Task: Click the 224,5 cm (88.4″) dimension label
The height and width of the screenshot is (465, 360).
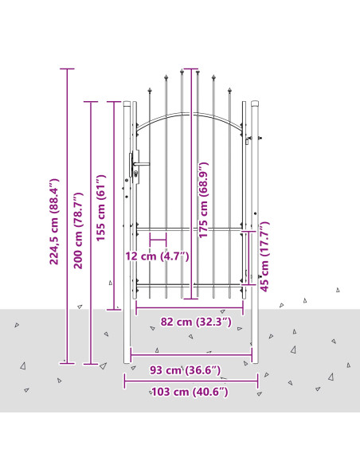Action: pyautogui.click(x=54, y=221)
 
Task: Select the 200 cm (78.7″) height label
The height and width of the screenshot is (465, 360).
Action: pyautogui.click(x=78, y=230)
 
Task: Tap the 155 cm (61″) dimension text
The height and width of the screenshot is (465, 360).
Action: pyautogui.click(x=101, y=208)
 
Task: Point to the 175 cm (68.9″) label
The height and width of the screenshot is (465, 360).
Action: pyautogui.click(x=203, y=200)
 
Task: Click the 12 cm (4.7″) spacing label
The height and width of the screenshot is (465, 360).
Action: pyautogui.click(x=157, y=256)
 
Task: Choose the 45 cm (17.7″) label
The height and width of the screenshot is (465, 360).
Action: pyautogui.click(x=264, y=256)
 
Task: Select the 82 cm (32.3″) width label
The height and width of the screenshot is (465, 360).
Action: pyautogui.click(x=196, y=322)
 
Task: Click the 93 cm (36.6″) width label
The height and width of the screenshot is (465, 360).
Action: pyautogui.click(x=185, y=370)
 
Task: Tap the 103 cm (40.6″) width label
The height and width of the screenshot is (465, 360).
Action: pyautogui.click(x=190, y=392)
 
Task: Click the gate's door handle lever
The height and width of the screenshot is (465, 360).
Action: pyautogui.click(x=142, y=164)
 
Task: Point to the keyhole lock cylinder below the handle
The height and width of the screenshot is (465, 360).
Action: pyautogui.click(x=136, y=174)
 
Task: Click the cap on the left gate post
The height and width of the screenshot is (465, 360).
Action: pyautogui.click(x=127, y=104)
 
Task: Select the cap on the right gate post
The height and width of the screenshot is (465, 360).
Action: pyautogui.click(x=255, y=104)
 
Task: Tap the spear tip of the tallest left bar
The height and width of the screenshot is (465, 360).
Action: pyautogui.click(x=182, y=71)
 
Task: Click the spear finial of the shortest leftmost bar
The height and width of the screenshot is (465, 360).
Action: pyautogui.click(x=150, y=90)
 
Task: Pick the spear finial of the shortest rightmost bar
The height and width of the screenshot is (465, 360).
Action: pyautogui.click(x=229, y=90)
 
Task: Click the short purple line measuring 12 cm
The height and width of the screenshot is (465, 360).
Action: pyautogui.click(x=158, y=240)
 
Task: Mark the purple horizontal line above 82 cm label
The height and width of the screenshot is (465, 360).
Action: pyautogui.click(x=190, y=308)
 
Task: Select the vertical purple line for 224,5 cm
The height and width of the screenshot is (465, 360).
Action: pyautogui.click(x=67, y=217)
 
